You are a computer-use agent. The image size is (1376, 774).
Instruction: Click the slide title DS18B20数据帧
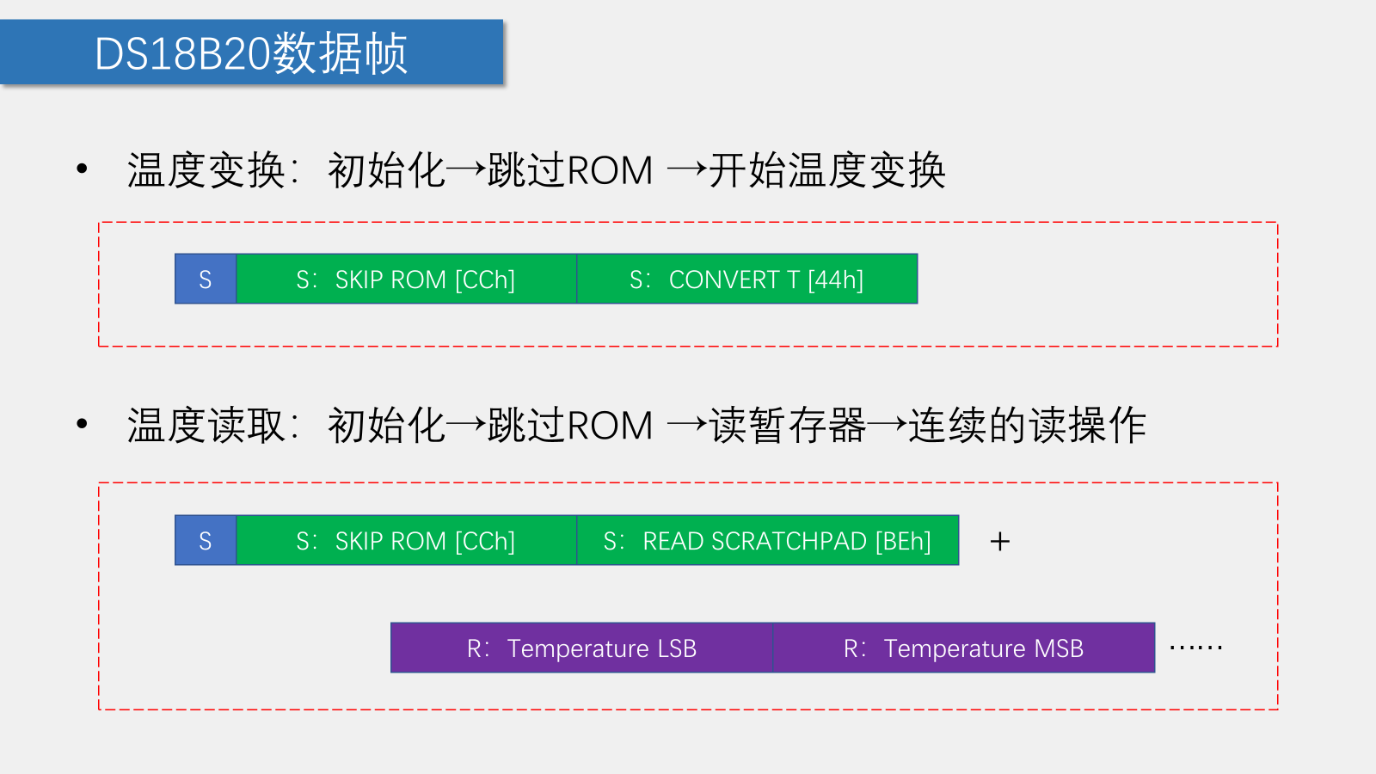tap(251, 53)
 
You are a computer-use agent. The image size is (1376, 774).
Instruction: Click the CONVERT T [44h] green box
tap(746, 279)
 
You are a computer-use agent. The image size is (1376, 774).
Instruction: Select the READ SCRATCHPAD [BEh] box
tap(767, 540)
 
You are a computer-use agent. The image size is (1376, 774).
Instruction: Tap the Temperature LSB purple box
tap(581, 648)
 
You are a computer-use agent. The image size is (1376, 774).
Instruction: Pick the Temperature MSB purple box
tap(963, 648)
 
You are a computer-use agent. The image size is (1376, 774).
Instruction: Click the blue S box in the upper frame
tap(206, 279)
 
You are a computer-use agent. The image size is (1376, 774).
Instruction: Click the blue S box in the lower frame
tap(206, 540)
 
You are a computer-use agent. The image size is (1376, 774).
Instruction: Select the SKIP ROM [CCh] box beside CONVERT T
tap(406, 279)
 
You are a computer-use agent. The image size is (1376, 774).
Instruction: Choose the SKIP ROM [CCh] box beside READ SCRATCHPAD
tap(406, 540)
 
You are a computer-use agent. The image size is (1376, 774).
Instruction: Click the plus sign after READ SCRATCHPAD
tap(999, 541)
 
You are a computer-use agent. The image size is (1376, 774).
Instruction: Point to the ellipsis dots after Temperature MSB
tap(1195, 647)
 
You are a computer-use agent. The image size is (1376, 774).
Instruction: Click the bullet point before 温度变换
tap(82, 169)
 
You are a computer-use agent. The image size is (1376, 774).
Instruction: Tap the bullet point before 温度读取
tap(82, 423)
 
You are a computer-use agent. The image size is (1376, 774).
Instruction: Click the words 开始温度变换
tap(827, 170)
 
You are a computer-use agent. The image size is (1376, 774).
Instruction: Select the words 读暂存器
tap(787, 426)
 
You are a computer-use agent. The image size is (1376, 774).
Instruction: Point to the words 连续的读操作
tap(1027, 426)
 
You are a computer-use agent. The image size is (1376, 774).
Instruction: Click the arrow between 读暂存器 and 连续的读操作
tap(887, 424)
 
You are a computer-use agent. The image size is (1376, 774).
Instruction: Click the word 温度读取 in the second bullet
tap(206, 426)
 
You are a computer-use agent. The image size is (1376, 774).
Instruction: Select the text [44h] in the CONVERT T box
tap(835, 279)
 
